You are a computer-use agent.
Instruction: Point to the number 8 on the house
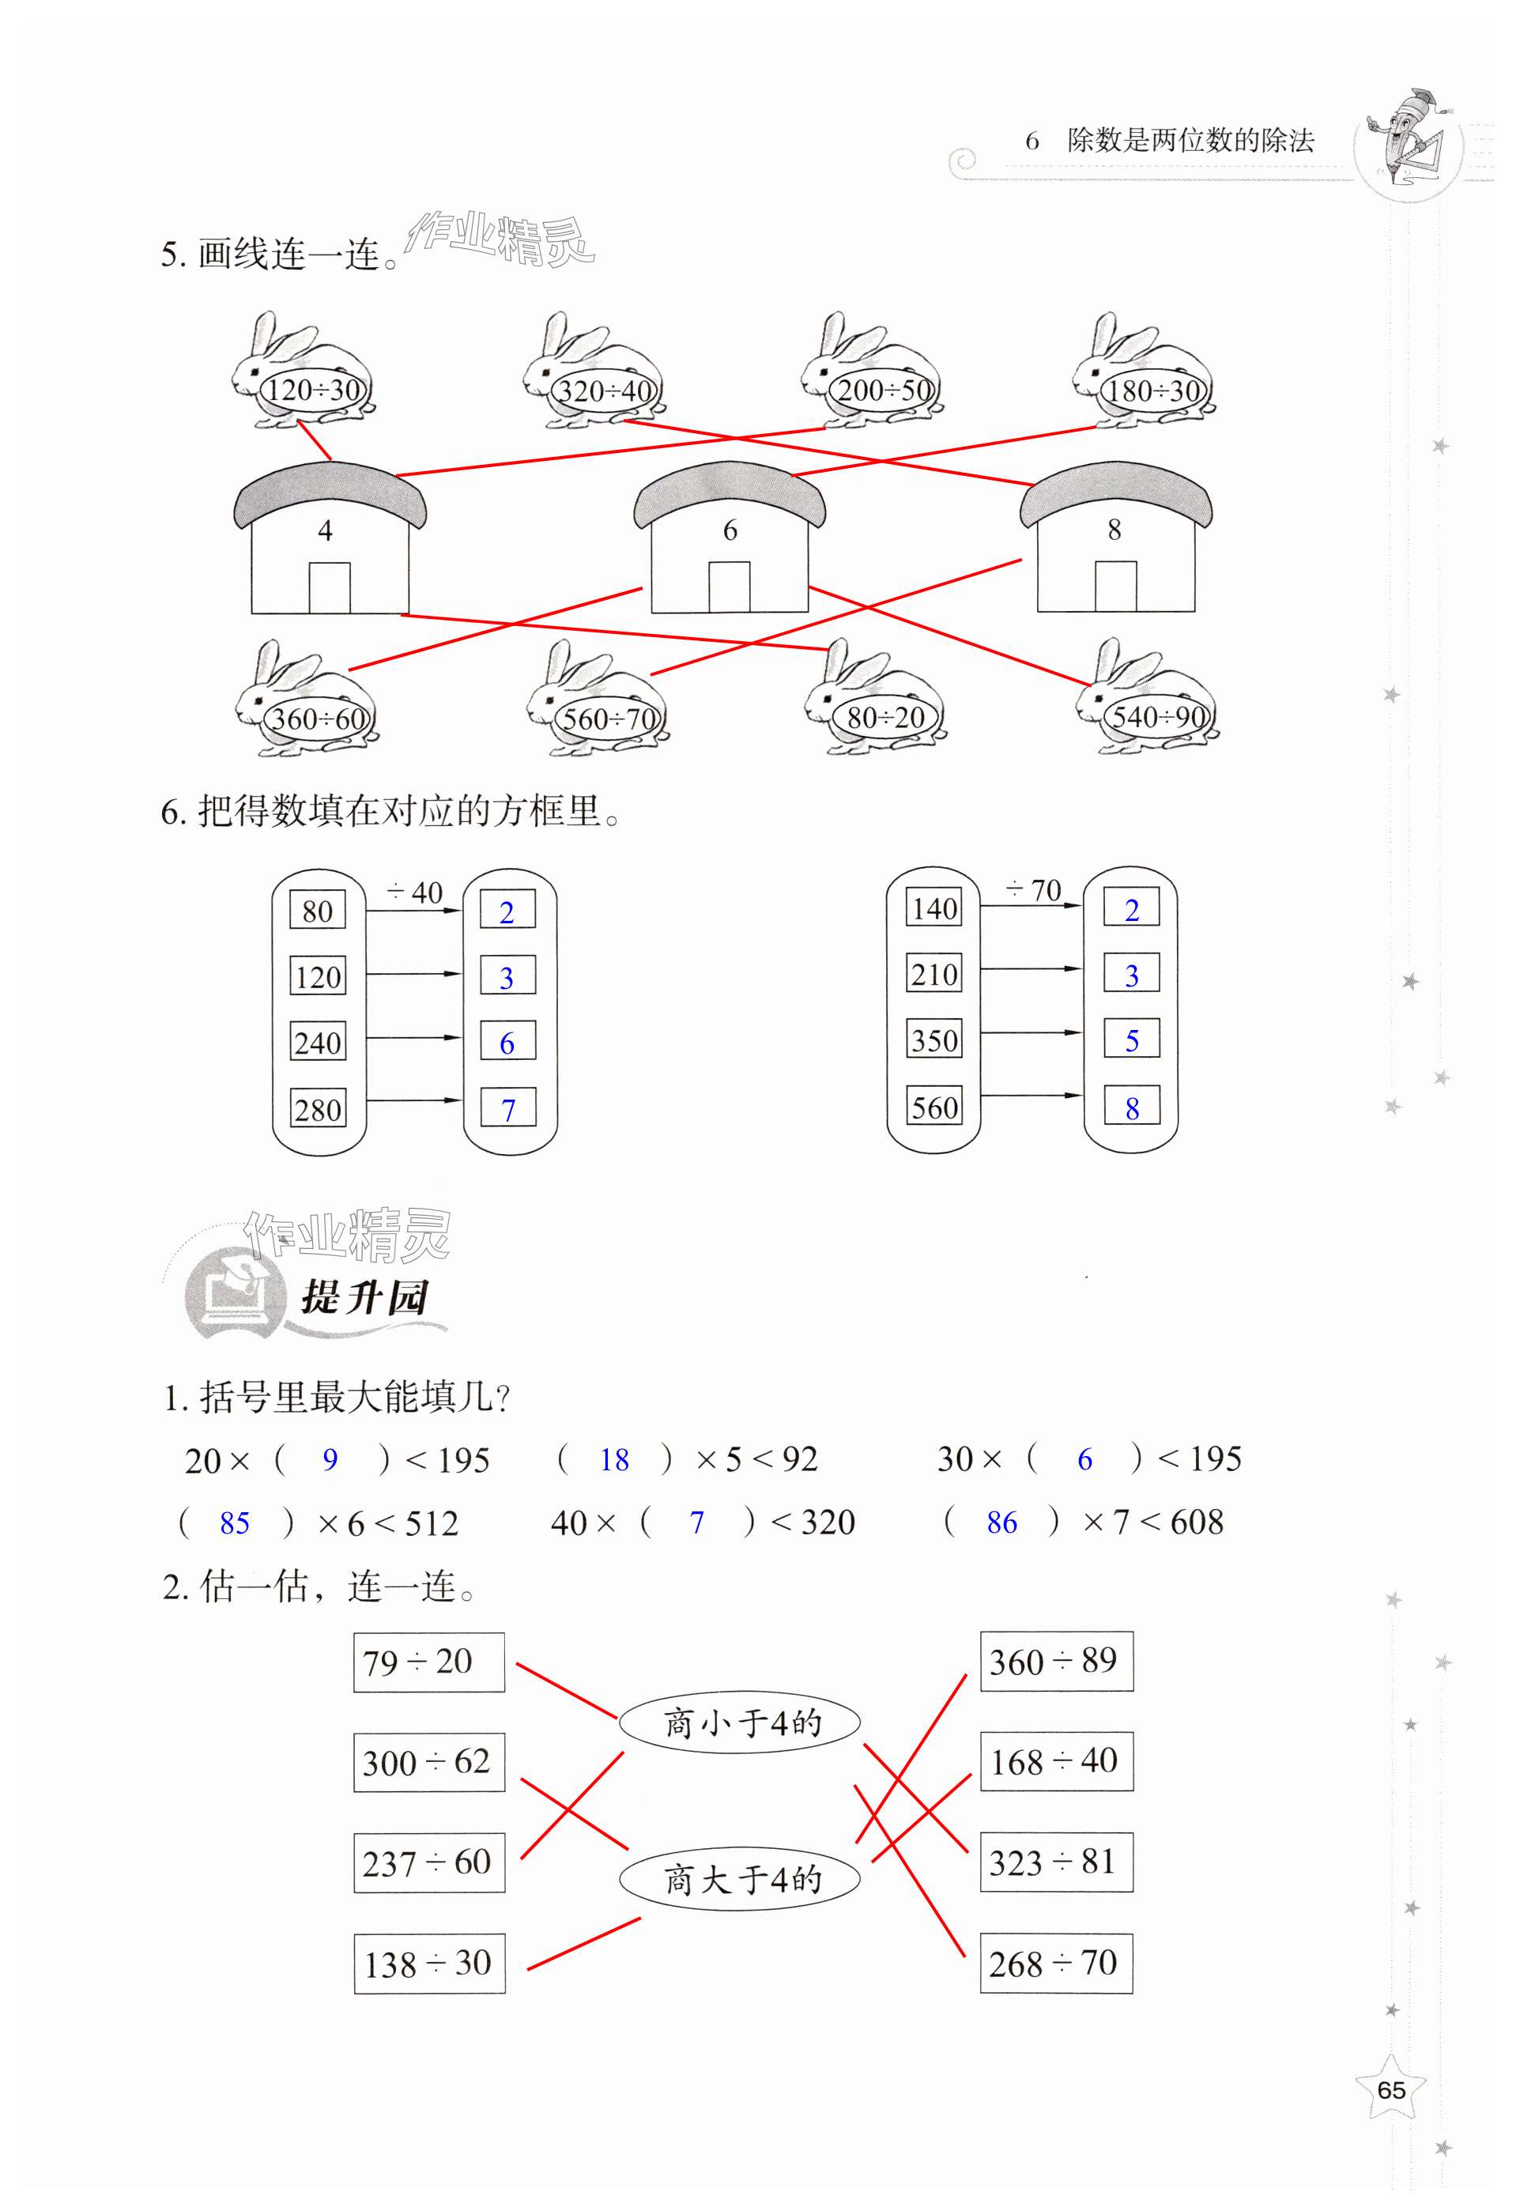tap(1114, 530)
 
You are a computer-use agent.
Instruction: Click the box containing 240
tap(318, 1043)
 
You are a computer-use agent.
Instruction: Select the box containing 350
tap(934, 1039)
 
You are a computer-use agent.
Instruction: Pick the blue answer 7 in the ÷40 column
tap(508, 1109)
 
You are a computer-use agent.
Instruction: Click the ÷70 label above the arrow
tap(1033, 891)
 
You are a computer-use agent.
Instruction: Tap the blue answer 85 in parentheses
tap(234, 1523)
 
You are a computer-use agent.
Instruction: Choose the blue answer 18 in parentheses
tap(613, 1460)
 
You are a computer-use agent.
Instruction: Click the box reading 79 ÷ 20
tap(429, 1662)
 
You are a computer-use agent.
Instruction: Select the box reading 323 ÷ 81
tap(1056, 1862)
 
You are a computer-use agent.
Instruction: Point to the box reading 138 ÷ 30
tap(429, 1963)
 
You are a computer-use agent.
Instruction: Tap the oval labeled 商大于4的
tap(740, 1879)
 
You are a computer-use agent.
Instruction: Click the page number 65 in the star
tap(1390, 2090)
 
